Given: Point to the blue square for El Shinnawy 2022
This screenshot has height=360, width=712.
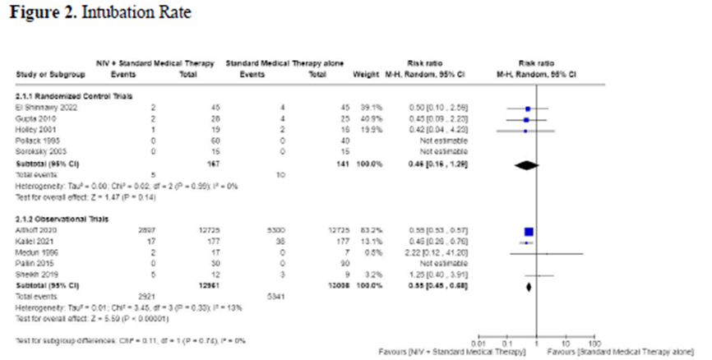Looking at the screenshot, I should point(528,108).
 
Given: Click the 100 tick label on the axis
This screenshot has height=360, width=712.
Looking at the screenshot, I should point(594,340).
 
